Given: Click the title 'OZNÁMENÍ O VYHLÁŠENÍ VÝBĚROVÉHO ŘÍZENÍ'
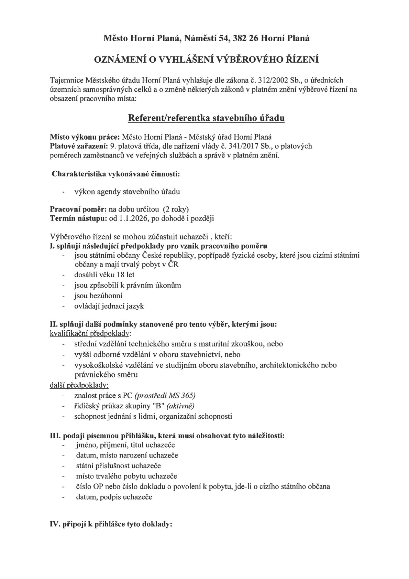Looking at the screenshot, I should pyautogui.click(x=207, y=60).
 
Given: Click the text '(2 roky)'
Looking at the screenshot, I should pyautogui.click(x=176, y=209).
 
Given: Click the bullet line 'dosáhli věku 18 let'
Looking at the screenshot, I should pyautogui.click(x=104, y=275).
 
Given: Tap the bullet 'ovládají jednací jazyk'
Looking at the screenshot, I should pyautogui.click(x=109, y=306).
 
